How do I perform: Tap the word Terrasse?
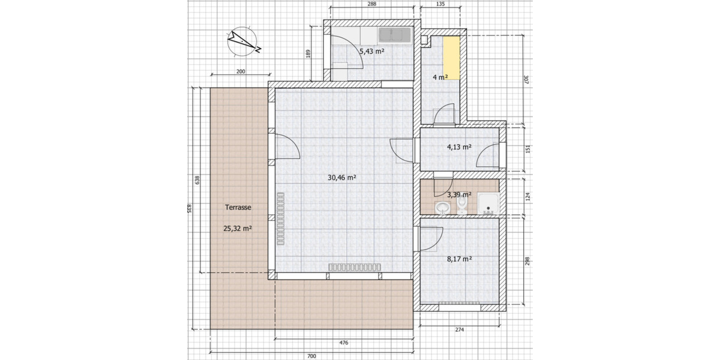[238, 207]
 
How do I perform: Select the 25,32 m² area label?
[238, 229]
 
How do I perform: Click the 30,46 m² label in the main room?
[343, 178]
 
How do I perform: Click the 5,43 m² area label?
[371, 52]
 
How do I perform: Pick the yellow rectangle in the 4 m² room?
[452, 58]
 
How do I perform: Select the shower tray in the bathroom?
[490, 205]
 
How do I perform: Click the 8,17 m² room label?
[460, 259]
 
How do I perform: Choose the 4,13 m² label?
[459, 146]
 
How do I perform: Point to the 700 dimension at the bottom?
[311, 356]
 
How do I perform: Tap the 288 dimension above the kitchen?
[371, 4]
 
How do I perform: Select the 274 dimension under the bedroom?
[459, 329]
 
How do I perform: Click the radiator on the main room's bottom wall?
[355, 267]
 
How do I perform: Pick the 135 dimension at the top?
[441, 4]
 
